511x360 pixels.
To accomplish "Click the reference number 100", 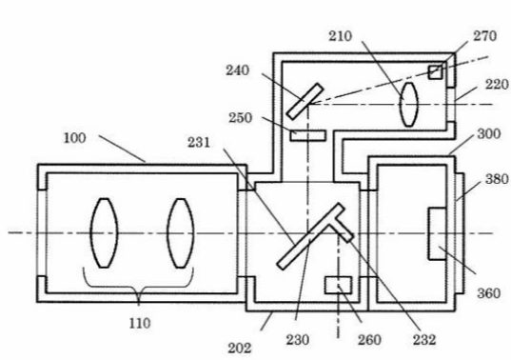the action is coord(74,138).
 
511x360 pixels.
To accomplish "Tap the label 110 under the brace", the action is coord(140,324).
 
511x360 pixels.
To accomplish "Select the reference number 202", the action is coord(240,349).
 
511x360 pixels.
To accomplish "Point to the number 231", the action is coord(199,143).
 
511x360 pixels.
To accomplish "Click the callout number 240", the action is coord(238,70).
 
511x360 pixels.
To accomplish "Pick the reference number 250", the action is coord(240,118).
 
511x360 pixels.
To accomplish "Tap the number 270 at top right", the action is coord(485,36).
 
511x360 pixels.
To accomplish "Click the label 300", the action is coord(489,134).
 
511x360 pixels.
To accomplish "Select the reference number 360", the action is coord(488,293).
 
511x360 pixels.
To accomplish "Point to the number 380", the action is coord(497,179).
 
